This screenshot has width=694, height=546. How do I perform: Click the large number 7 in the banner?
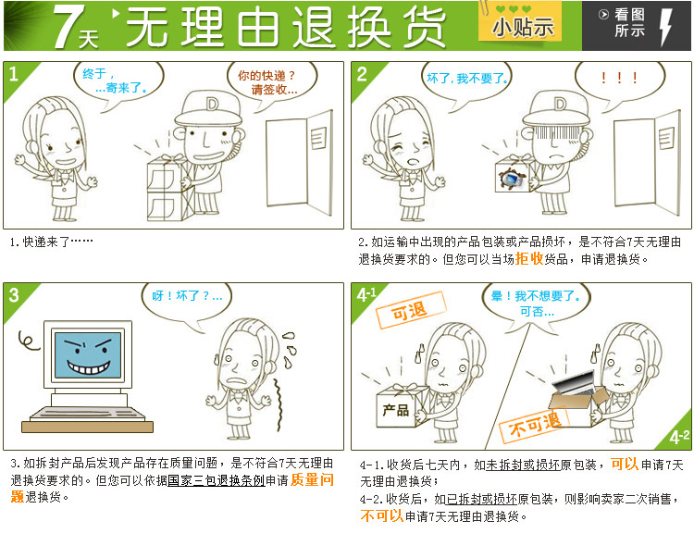click(67, 26)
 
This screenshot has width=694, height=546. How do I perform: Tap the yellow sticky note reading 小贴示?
click(520, 22)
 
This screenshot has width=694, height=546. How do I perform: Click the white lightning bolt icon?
click(665, 27)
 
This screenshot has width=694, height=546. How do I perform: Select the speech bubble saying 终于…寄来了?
click(118, 82)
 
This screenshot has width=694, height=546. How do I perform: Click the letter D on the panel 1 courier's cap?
click(213, 105)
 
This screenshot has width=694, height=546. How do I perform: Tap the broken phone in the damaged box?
click(513, 179)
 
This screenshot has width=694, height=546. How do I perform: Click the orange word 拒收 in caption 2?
click(529, 258)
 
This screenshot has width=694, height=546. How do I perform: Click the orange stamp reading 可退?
click(410, 310)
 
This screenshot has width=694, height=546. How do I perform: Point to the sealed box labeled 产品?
click(402, 406)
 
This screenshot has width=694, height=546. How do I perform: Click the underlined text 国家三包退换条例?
click(216, 480)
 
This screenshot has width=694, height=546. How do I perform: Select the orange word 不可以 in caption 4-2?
click(382, 515)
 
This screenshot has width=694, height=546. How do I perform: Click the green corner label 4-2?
click(679, 437)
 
